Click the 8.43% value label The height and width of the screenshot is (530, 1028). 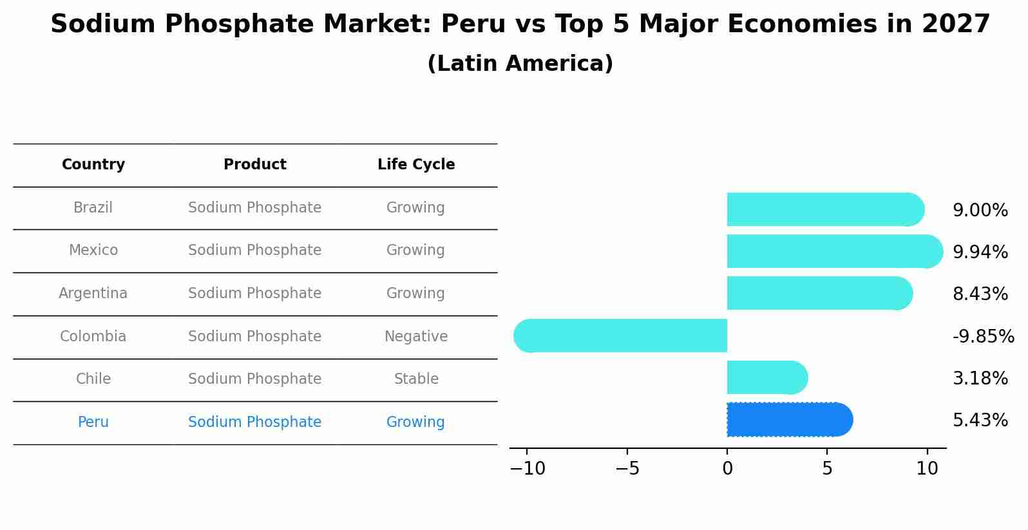click(980, 294)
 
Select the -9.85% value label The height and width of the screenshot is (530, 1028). click(983, 337)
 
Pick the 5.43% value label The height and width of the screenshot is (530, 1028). click(980, 421)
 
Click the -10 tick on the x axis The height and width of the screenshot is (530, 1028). click(528, 469)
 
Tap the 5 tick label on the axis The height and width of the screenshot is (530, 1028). click(827, 469)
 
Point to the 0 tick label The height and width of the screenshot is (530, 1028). click(727, 469)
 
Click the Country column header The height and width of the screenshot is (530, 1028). click(93, 165)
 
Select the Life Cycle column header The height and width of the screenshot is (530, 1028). click(416, 165)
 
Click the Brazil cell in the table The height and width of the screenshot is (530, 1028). click(93, 208)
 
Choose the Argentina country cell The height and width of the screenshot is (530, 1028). click(93, 294)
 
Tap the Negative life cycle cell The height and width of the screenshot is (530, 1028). click(415, 336)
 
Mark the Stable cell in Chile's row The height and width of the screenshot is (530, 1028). click(416, 379)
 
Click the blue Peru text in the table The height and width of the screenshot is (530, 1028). click(93, 422)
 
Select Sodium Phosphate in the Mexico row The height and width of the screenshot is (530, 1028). click(254, 251)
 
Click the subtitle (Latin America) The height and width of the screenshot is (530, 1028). click(520, 64)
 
